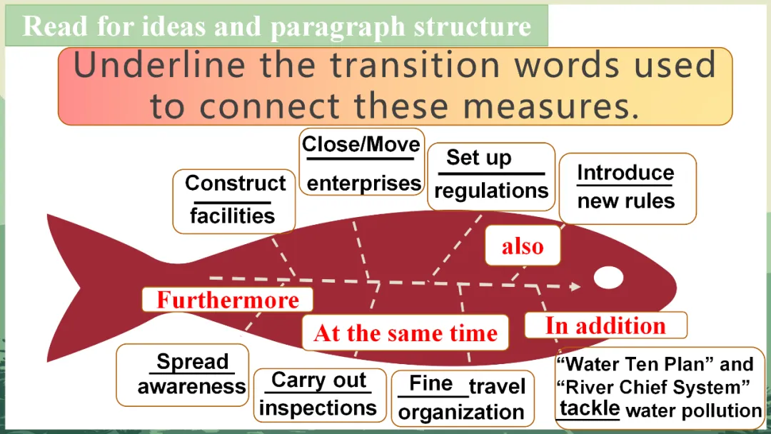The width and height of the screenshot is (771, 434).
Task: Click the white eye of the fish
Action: (x=608, y=277)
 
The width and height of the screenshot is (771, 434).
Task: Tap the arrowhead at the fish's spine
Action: (x=575, y=286)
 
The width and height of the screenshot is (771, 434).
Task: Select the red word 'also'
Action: (x=522, y=246)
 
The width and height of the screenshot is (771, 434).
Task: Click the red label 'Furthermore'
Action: (x=228, y=300)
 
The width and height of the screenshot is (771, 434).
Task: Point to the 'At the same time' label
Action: (x=405, y=333)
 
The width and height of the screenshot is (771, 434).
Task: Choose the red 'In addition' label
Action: (x=606, y=325)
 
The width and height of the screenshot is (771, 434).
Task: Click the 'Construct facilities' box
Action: (x=234, y=201)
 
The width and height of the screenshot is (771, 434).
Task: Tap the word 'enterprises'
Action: (x=364, y=183)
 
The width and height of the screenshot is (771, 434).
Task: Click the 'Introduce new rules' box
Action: (x=628, y=188)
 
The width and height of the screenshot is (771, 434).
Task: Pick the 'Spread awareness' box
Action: (x=183, y=375)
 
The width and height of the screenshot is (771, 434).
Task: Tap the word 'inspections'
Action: (x=318, y=408)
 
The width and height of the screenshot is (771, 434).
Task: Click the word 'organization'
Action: (x=461, y=412)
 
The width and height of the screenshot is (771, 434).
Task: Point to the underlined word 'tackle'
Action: (x=590, y=408)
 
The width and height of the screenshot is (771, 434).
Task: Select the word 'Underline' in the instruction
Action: (x=158, y=65)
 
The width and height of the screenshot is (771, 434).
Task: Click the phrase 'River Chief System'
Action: (x=653, y=387)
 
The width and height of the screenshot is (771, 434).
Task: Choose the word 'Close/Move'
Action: (x=361, y=144)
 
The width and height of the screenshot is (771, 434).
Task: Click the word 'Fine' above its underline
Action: (x=430, y=383)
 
